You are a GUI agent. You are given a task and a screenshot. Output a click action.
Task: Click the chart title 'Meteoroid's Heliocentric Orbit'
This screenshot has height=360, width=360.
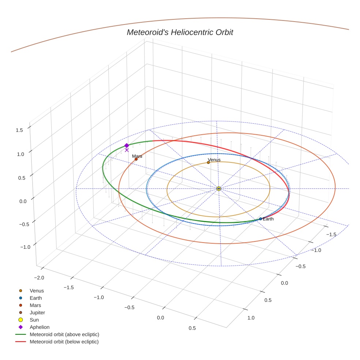point(180,32)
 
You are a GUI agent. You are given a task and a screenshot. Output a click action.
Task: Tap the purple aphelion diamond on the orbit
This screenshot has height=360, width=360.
point(127,145)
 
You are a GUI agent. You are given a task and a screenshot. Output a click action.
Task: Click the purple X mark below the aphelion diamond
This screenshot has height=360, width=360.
point(127,150)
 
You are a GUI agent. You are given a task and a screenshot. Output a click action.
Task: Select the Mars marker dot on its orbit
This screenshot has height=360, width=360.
point(136,159)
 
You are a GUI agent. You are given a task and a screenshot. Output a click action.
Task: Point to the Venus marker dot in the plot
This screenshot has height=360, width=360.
point(208,162)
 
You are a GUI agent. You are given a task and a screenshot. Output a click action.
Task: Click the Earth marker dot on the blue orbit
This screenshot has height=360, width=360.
point(260,219)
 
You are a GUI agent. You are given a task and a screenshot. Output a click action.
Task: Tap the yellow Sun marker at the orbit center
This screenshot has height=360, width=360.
point(219,188)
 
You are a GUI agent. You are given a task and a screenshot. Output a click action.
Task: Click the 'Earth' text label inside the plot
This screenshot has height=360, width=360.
point(268,219)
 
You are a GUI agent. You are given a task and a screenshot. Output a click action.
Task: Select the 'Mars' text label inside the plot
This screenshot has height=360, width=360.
point(137,156)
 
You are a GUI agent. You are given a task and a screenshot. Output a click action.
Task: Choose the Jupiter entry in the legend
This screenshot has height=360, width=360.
point(37,312)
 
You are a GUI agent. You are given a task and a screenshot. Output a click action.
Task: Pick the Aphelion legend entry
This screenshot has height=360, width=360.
point(39,327)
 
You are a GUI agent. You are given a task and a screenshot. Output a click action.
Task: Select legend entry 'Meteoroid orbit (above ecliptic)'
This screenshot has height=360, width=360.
point(64,334)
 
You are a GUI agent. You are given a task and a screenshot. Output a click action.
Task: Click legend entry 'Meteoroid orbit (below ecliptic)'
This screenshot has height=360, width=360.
point(64,342)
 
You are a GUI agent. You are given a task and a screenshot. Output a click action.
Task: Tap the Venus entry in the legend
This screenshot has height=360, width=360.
point(37,290)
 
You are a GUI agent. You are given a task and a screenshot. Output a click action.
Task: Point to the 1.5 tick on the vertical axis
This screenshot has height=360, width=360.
point(20,130)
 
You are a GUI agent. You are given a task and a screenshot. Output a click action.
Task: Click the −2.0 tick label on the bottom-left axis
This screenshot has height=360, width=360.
point(39,278)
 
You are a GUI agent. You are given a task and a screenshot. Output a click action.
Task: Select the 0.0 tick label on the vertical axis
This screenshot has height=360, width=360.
point(23,201)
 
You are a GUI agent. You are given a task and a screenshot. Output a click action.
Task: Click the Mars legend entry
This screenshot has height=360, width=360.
point(35,305)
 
